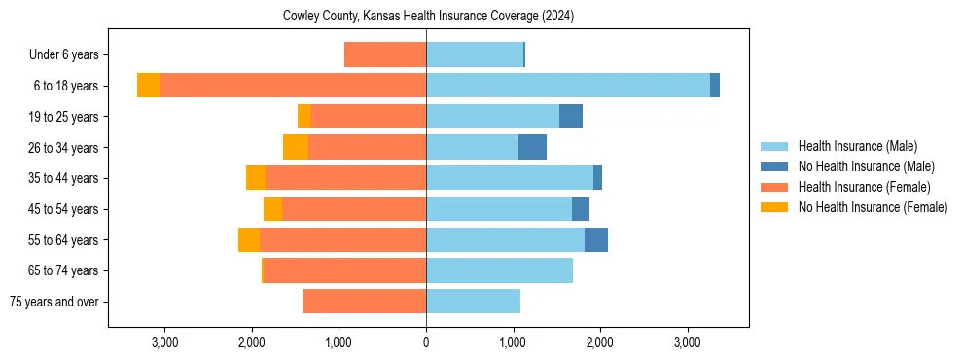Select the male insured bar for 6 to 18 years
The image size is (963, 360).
coord(568,86)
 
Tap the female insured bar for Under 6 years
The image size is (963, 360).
coord(385,54)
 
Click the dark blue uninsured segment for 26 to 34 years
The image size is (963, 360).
coord(532,147)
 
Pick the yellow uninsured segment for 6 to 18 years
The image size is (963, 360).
coord(148,86)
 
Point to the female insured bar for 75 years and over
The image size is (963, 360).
coord(364,302)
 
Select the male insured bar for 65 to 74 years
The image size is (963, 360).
coord(499,270)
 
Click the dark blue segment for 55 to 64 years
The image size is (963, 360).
coord(595,239)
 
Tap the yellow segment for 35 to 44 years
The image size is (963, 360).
coord(256,178)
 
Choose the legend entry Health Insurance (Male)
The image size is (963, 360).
coord(857,146)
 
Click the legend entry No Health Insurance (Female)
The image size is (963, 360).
coord(873,207)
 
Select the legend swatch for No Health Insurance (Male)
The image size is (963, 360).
coord(776,166)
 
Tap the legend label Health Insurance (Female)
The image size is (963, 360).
coord(864,187)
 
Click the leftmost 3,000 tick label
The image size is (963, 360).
coord(164,342)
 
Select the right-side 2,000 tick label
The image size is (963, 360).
coord(600,342)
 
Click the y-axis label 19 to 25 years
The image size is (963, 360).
coord(63,117)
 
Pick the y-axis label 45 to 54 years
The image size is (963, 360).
coord(63,209)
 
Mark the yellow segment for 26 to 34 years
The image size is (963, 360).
coord(296,147)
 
